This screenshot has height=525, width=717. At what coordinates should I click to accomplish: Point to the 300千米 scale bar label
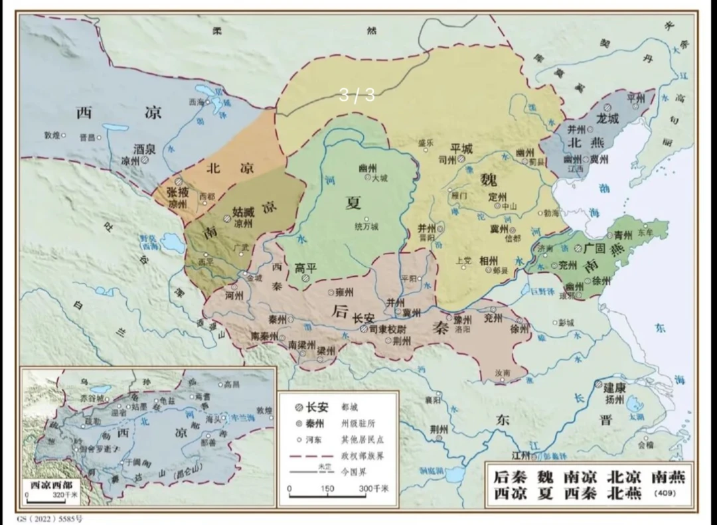pyautogui.click(x=374, y=488)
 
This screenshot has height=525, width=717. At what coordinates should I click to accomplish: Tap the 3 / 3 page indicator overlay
pyautogui.click(x=357, y=96)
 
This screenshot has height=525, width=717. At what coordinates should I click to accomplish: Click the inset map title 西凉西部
pyautogui.click(x=50, y=485)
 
